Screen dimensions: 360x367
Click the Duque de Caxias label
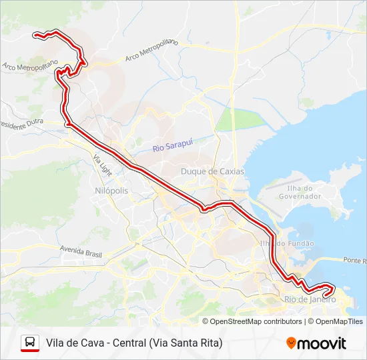click(x=212, y=171)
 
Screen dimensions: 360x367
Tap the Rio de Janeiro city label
click(x=310, y=299)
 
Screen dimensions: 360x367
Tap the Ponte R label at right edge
click(x=355, y=260)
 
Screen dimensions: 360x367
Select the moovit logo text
click(x=322, y=343)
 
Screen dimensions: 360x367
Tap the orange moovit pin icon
click(x=291, y=343)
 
